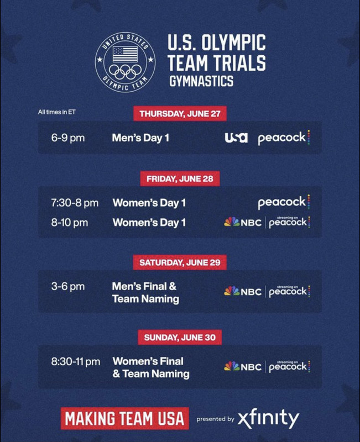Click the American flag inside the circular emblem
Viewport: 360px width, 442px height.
click(x=126, y=54)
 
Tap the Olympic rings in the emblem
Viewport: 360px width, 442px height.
click(x=126, y=72)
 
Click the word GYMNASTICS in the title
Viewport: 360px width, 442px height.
click(x=201, y=81)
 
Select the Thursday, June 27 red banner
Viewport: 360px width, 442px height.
click(x=180, y=114)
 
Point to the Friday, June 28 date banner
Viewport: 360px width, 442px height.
click(x=180, y=178)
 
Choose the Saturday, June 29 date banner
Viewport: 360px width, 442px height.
click(x=180, y=263)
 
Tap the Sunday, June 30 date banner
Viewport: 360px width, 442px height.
click(x=180, y=338)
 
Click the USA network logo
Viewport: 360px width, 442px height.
click(x=236, y=138)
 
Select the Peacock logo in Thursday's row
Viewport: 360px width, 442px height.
click(x=284, y=138)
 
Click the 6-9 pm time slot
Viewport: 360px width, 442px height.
click(x=68, y=138)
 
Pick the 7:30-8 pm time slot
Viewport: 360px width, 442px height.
click(x=75, y=203)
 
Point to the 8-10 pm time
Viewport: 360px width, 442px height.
click(x=70, y=223)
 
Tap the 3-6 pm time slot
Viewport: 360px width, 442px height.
click(x=68, y=287)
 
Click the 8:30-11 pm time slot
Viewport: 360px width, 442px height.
click(x=76, y=362)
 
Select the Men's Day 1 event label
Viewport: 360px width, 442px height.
click(x=140, y=138)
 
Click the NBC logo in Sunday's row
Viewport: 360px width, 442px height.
click(x=243, y=366)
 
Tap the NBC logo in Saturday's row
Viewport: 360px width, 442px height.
click(x=243, y=292)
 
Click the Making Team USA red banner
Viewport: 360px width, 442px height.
click(x=125, y=418)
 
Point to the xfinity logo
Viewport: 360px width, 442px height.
click(x=268, y=419)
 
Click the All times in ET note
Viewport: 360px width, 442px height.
click(x=57, y=112)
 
